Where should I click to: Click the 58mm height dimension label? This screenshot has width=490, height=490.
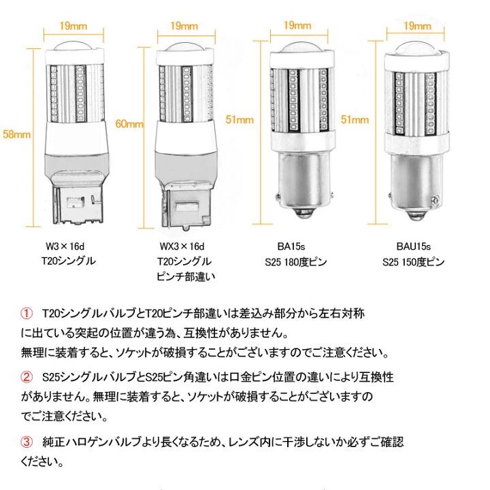pos(16,134)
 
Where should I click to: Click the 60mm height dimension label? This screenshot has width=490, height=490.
pos(129,124)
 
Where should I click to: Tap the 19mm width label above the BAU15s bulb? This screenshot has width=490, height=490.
pos(417,26)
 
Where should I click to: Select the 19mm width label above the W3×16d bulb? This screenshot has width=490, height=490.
pos(73,26)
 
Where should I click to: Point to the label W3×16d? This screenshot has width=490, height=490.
pos(65,246)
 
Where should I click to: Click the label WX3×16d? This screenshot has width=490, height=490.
pos(182,246)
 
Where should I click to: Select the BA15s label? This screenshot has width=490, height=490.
pos(291,246)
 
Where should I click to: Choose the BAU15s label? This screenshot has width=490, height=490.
pos(414,246)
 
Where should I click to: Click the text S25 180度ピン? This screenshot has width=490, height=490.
pos(295,262)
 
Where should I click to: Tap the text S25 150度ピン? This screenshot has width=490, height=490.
pos(413,262)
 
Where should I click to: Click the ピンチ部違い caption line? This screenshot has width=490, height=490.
pos(186,276)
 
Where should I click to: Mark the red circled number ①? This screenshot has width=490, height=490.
pos(27,314)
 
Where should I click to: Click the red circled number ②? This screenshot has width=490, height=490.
pos(27,377)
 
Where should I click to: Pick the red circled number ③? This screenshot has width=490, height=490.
pos(27,442)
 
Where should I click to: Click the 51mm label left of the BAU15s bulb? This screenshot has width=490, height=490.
pos(355,120)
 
